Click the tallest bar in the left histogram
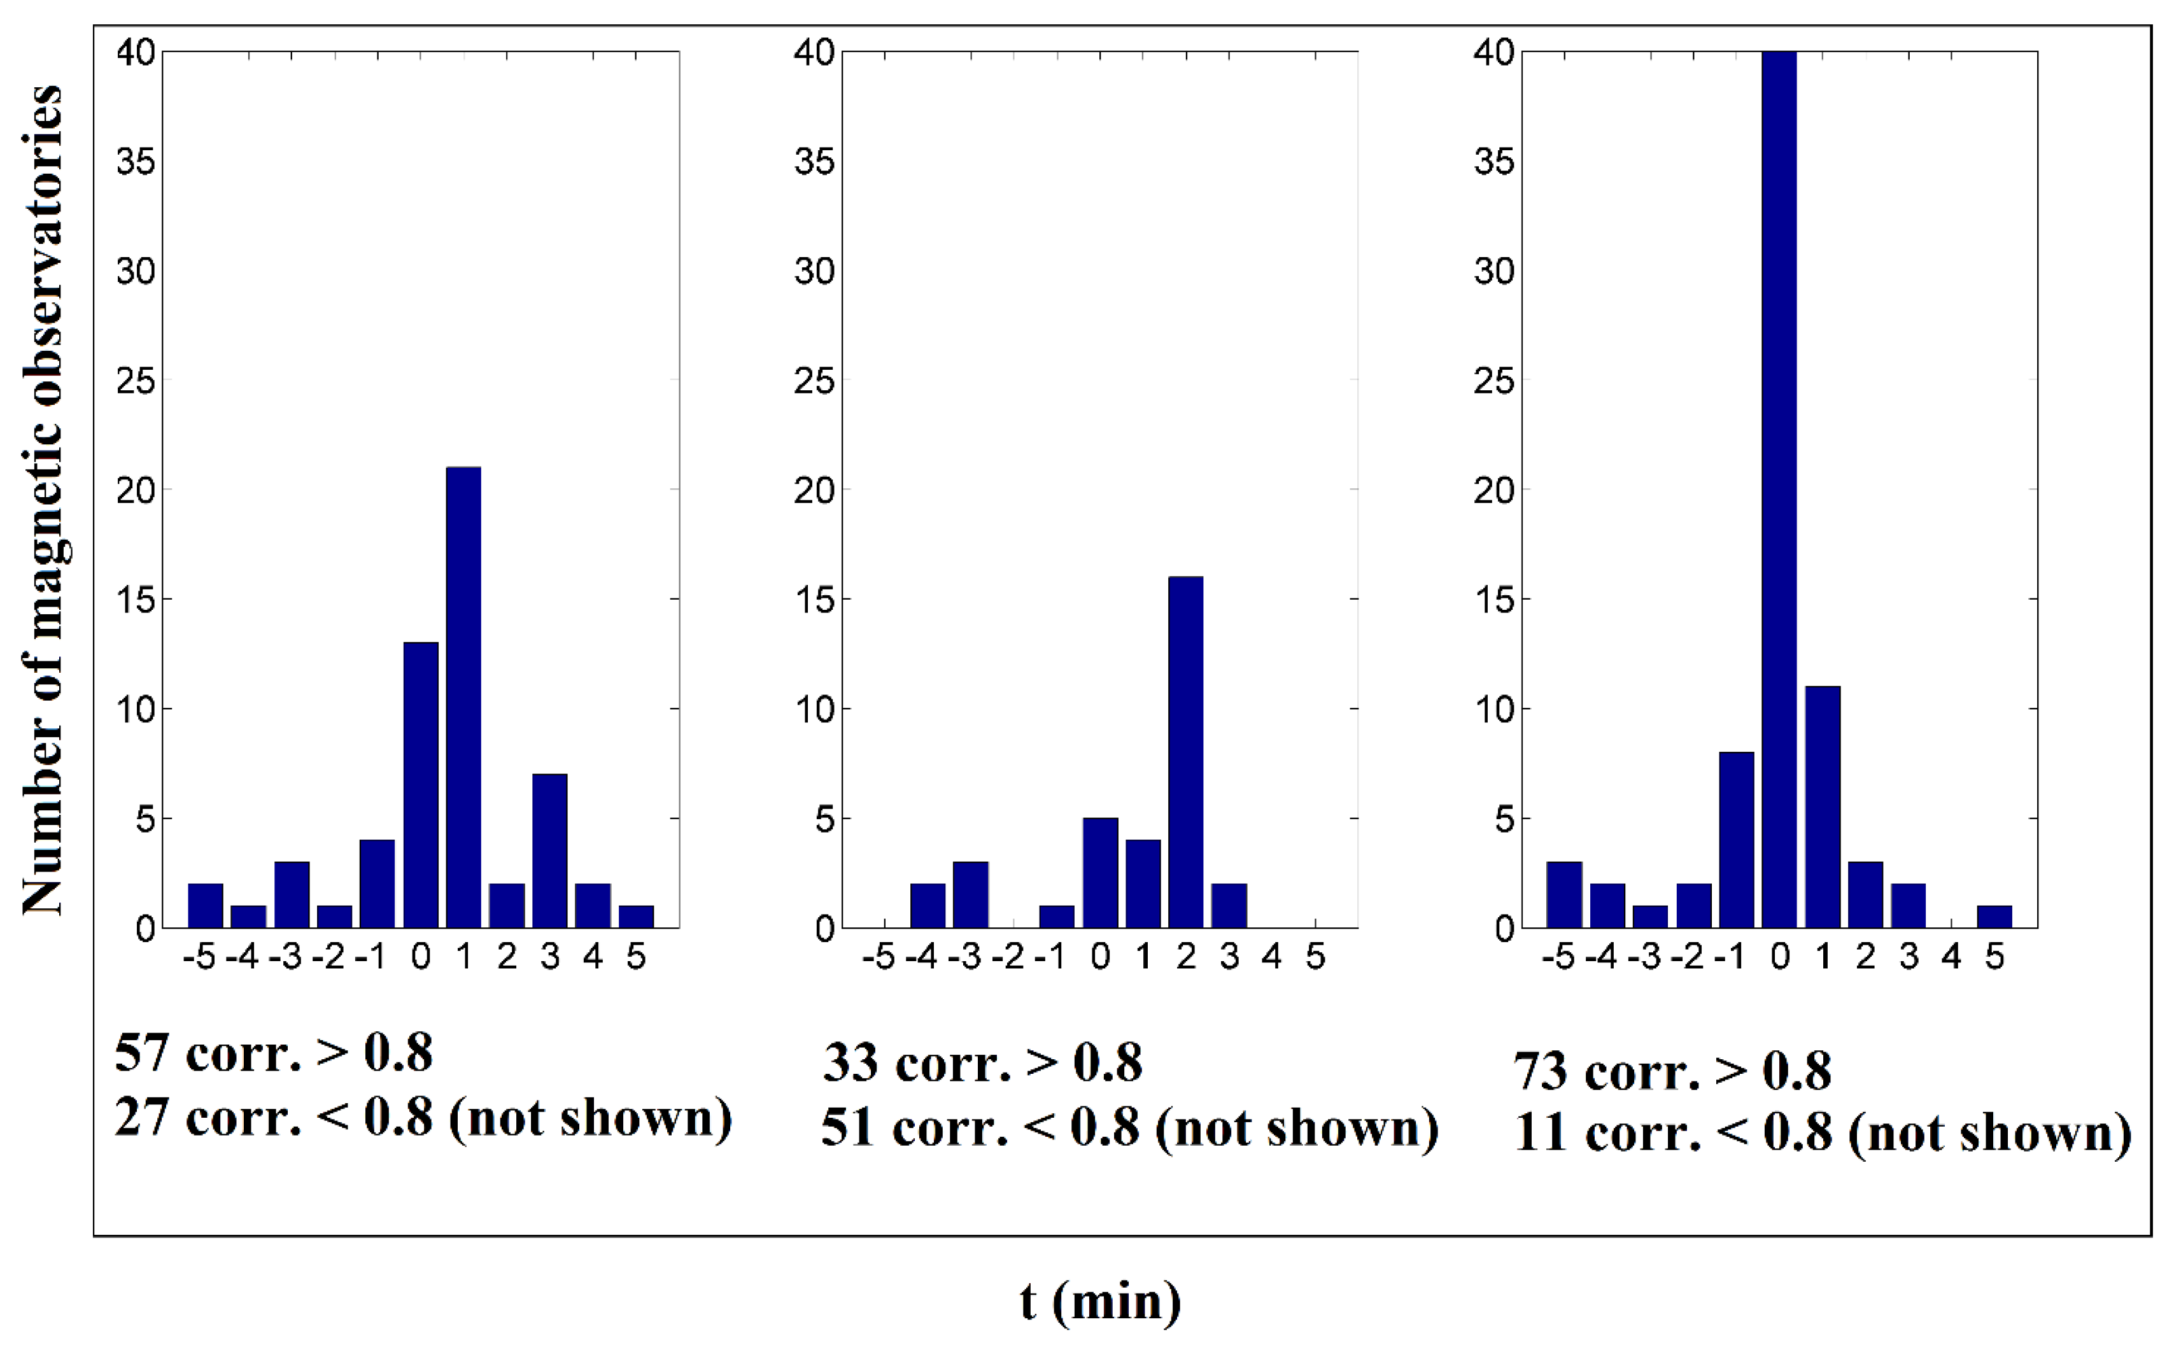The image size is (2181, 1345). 463,698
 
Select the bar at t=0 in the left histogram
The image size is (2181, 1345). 421,785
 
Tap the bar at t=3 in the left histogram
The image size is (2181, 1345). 549,850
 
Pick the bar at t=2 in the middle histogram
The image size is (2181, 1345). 1186,752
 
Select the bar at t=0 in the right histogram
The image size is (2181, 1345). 1779,489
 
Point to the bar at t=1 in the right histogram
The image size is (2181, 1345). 1823,807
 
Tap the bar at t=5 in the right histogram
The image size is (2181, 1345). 1994,916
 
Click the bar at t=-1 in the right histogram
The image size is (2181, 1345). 1736,840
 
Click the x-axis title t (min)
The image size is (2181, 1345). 1100,1302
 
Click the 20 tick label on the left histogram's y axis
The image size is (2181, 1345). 135,490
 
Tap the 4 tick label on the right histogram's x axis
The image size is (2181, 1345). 1951,958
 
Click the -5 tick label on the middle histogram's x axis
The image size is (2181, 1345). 878,958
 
